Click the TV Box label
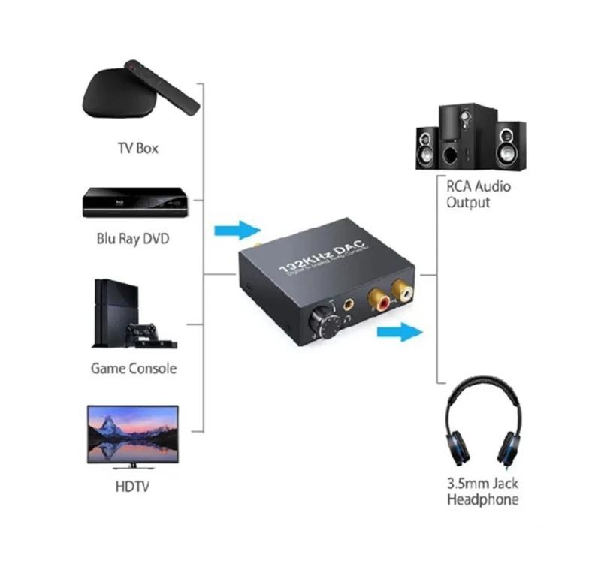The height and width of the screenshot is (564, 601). pyautogui.click(x=137, y=148)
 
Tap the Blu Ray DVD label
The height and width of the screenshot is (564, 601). pyautogui.click(x=133, y=240)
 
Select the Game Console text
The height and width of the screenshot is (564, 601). pyautogui.click(x=133, y=368)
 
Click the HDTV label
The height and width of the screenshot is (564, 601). pyautogui.click(x=132, y=486)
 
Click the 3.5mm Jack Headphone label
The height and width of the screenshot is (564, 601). pyautogui.click(x=482, y=492)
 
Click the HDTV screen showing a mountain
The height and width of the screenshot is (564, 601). pyautogui.click(x=133, y=433)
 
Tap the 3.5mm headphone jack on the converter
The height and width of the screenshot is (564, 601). pyautogui.click(x=349, y=306)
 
